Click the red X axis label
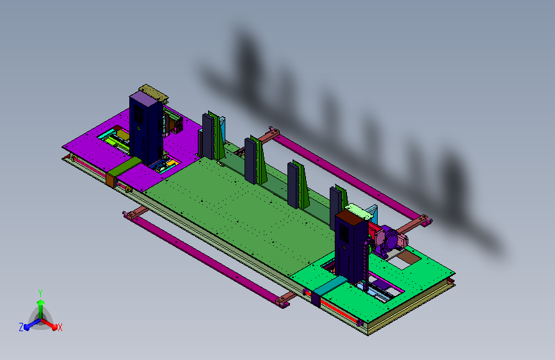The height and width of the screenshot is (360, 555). coord(60,327)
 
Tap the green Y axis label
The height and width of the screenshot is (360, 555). coord(40,293)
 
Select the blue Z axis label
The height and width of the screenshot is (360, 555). coord(21,327)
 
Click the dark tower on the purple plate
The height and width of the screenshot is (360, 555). coord(146,128)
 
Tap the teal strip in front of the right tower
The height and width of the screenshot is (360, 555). coord(330,286)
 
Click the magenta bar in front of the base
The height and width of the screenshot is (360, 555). coord(206,259)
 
